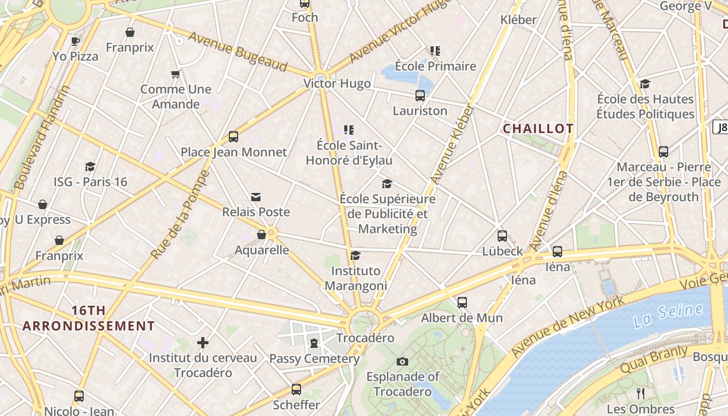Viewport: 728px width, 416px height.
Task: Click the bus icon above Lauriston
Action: [420, 96]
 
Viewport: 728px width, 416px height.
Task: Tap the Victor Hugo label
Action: [337, 83]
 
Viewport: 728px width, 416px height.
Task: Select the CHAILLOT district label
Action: [538, 128]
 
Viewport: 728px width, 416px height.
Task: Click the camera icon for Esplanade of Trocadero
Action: [402, 361]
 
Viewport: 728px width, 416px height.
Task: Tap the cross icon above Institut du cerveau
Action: [203, 343]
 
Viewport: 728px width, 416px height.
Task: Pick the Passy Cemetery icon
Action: [314, 343]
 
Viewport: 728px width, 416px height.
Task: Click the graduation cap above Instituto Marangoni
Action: [356, 255]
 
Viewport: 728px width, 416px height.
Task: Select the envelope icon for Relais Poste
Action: [256, 197]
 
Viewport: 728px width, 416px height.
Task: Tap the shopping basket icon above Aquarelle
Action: [262, 235]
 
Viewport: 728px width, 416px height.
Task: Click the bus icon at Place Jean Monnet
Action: [233, 137]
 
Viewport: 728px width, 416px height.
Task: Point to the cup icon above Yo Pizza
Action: [75, 41]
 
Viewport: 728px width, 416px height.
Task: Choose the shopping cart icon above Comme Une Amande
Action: [175, 74]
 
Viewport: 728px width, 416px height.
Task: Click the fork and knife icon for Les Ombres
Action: [641, 393]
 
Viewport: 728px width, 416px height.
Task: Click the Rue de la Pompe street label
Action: [179, 215]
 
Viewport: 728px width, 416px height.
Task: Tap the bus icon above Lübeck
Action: [502, 236]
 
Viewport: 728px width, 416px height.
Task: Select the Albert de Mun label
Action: [462, 318]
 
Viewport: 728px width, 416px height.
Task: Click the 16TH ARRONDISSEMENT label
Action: [88, 318]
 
